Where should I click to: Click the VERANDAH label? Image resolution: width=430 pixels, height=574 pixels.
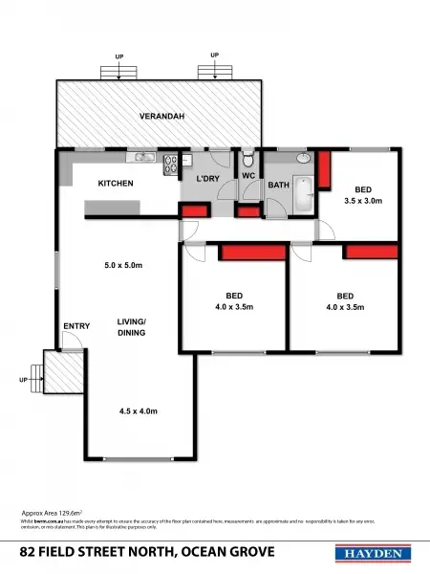[160, 116]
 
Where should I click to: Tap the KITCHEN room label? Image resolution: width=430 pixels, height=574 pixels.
[116, 183]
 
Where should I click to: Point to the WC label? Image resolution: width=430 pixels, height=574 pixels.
[247, 176]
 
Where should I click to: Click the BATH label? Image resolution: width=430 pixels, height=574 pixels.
[278, 185]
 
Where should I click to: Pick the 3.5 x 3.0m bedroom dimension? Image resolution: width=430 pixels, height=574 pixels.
[363, 202]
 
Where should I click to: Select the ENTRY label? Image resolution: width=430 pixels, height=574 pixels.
[76, 326]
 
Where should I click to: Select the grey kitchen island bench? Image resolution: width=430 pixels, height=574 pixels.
[113, 208]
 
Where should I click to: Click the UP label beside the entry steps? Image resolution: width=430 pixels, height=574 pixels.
[24, 380]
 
